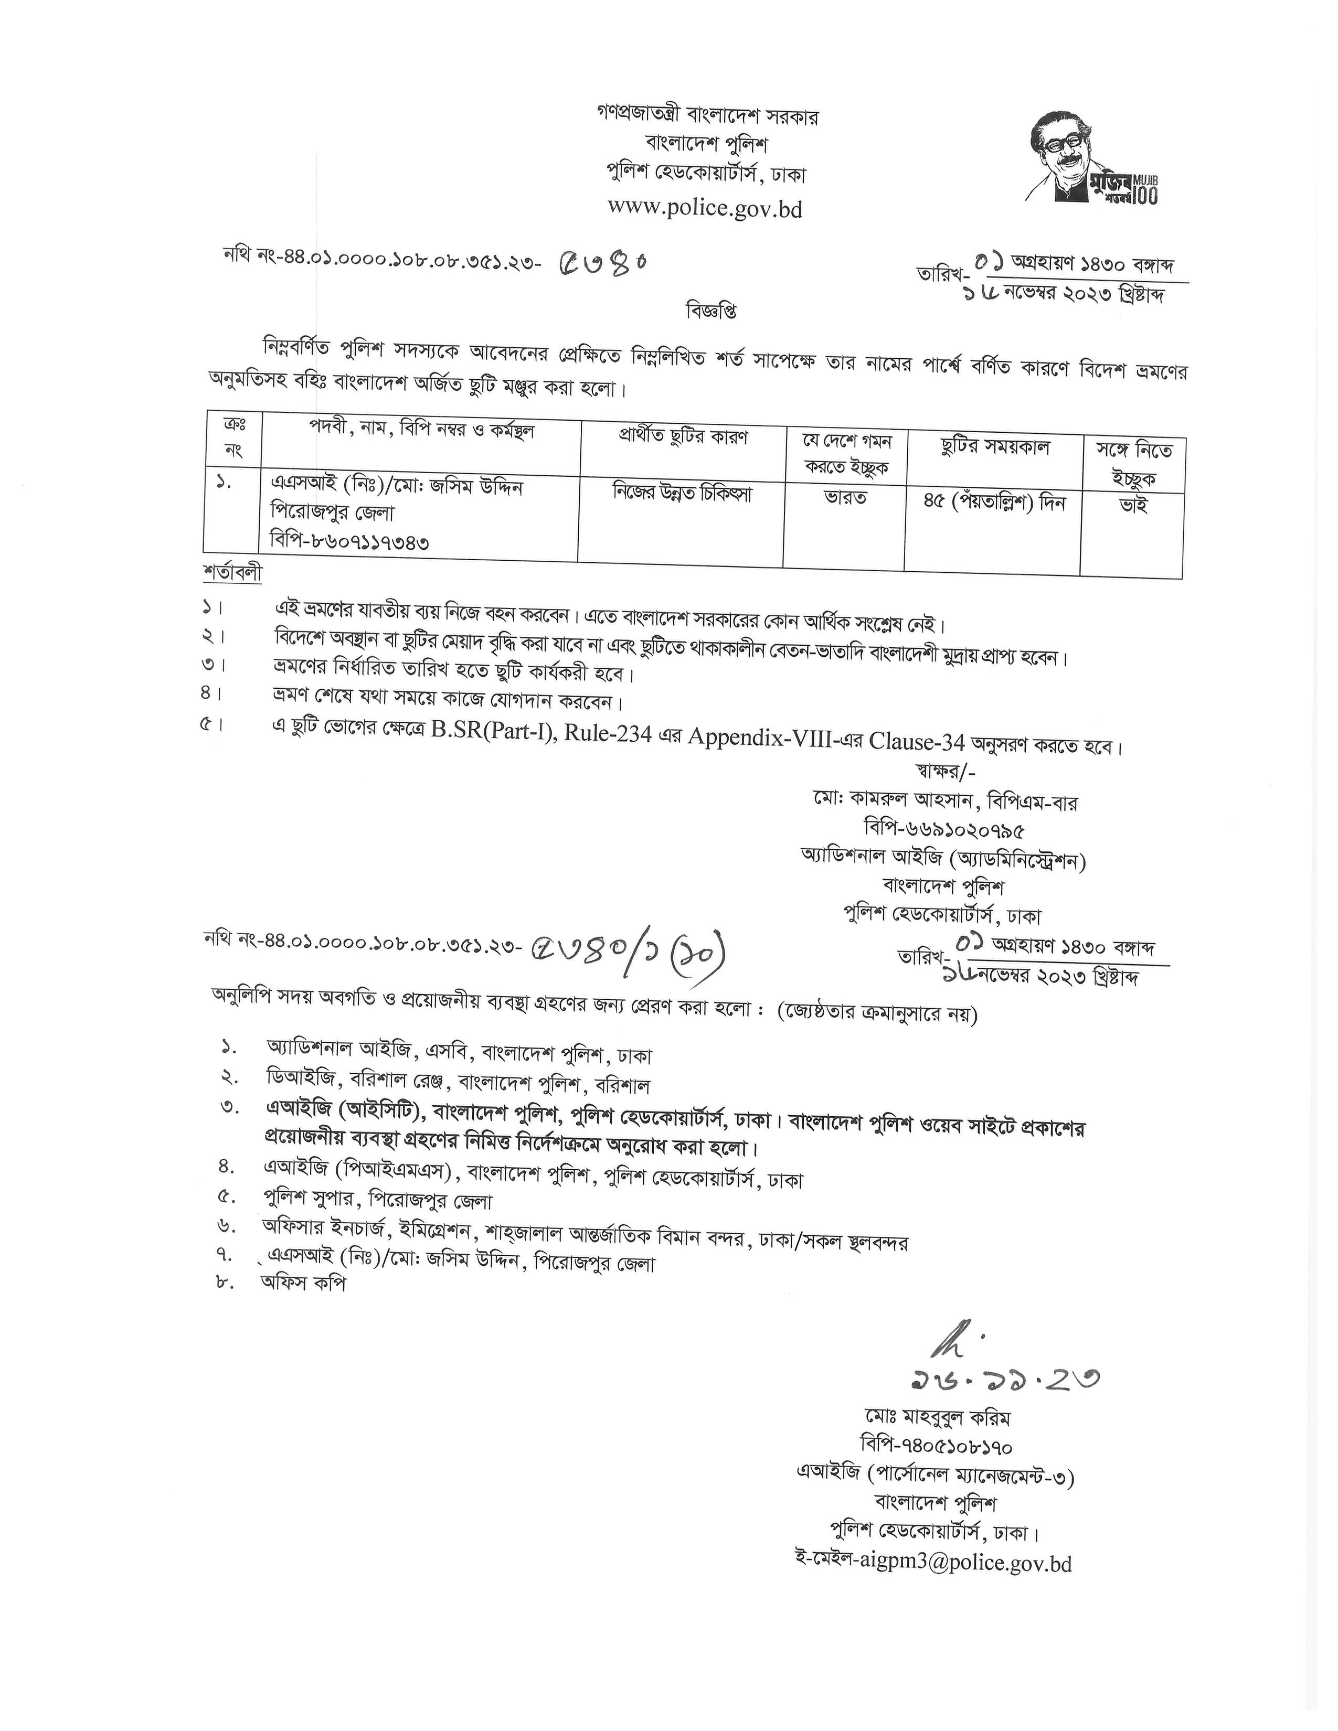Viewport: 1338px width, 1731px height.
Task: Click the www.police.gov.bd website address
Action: tap(705, 208)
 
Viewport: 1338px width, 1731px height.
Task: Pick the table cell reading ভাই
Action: tap(1132, 505)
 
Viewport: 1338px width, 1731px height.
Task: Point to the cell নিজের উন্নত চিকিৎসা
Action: tap(682, 494)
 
